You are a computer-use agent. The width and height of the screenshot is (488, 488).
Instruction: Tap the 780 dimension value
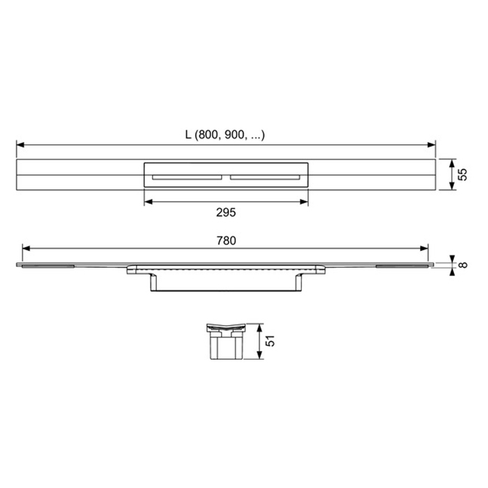tap(226, 240)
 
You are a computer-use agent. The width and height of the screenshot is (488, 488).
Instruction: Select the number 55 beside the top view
tap(462, 174)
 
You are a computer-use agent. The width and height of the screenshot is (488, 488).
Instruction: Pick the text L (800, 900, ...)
tap(225, 135)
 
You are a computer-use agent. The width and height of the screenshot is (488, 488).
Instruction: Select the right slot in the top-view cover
tap(265, 176)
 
